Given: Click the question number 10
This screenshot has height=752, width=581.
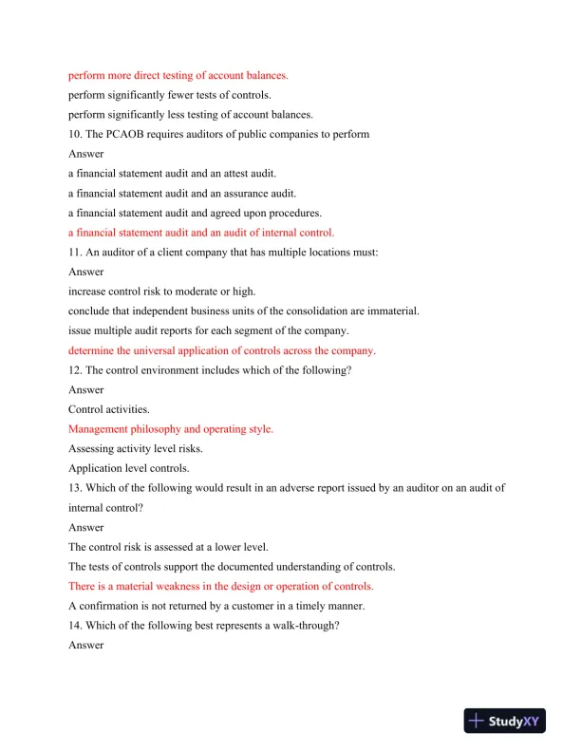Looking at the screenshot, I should (x=76, y=134).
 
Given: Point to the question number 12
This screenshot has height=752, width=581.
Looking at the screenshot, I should (x=76, y=369).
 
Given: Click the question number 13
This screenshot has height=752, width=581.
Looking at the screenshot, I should (x=76, y=488).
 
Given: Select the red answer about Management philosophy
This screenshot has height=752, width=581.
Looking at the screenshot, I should (x=171, y=429).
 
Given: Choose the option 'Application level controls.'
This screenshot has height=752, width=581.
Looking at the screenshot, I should (x=128, y=468).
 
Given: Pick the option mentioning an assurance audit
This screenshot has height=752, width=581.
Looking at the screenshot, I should (x=182, y=193).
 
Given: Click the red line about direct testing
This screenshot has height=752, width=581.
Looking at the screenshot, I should (x=178, y=75).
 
